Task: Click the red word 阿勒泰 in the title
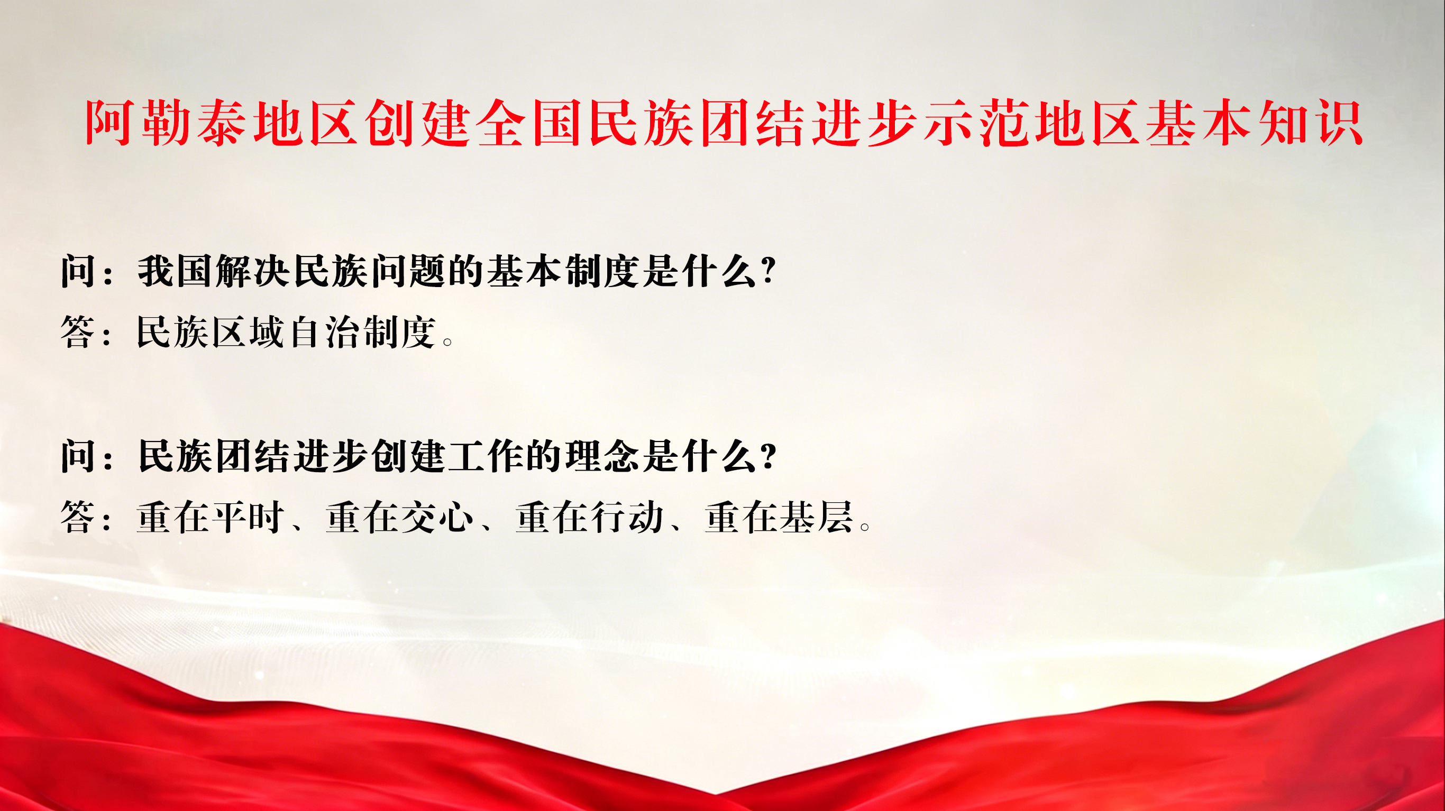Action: click(166, 123)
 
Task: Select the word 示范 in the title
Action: click(976, 123)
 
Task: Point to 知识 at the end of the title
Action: click(1312, 123)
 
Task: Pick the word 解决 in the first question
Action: click(252, 271)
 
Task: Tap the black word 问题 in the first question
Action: click(408, 271)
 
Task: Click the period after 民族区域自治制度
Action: click(447, 340)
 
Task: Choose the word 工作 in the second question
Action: click(484, 456)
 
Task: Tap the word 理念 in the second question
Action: click(602, 456)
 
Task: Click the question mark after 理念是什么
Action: click(769, 455)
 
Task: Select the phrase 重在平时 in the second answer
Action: click(211, 517)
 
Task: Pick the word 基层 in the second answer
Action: click(816, 517)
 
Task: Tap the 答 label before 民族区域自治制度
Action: click(78, 332)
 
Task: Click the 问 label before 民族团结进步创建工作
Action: click(78, 456)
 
